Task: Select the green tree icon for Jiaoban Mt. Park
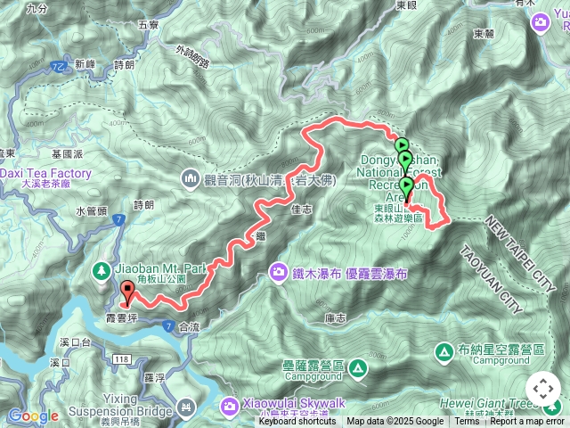tap(103, 268)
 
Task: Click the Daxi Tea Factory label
tap(45, 173)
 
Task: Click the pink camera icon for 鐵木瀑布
tap(278, 272)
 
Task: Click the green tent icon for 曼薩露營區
tap(357, 366)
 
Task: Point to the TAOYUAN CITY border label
tap(489, 279)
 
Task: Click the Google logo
tap(34, 416)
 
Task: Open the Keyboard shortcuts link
tap(297, 422)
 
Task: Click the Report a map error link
tap(528, 422)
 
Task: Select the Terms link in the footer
tap(466, 422)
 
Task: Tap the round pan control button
tap(542, 389)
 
